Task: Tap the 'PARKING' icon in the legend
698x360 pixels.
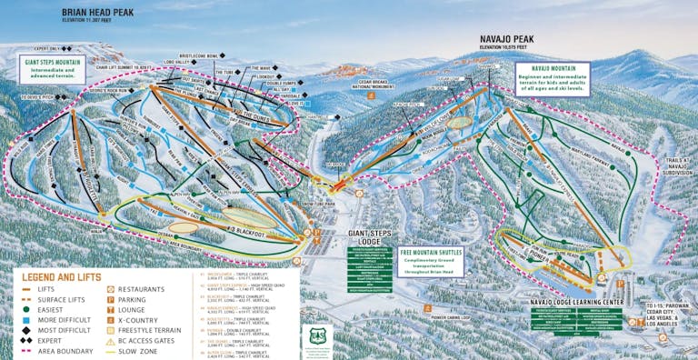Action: tap(113, 299)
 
